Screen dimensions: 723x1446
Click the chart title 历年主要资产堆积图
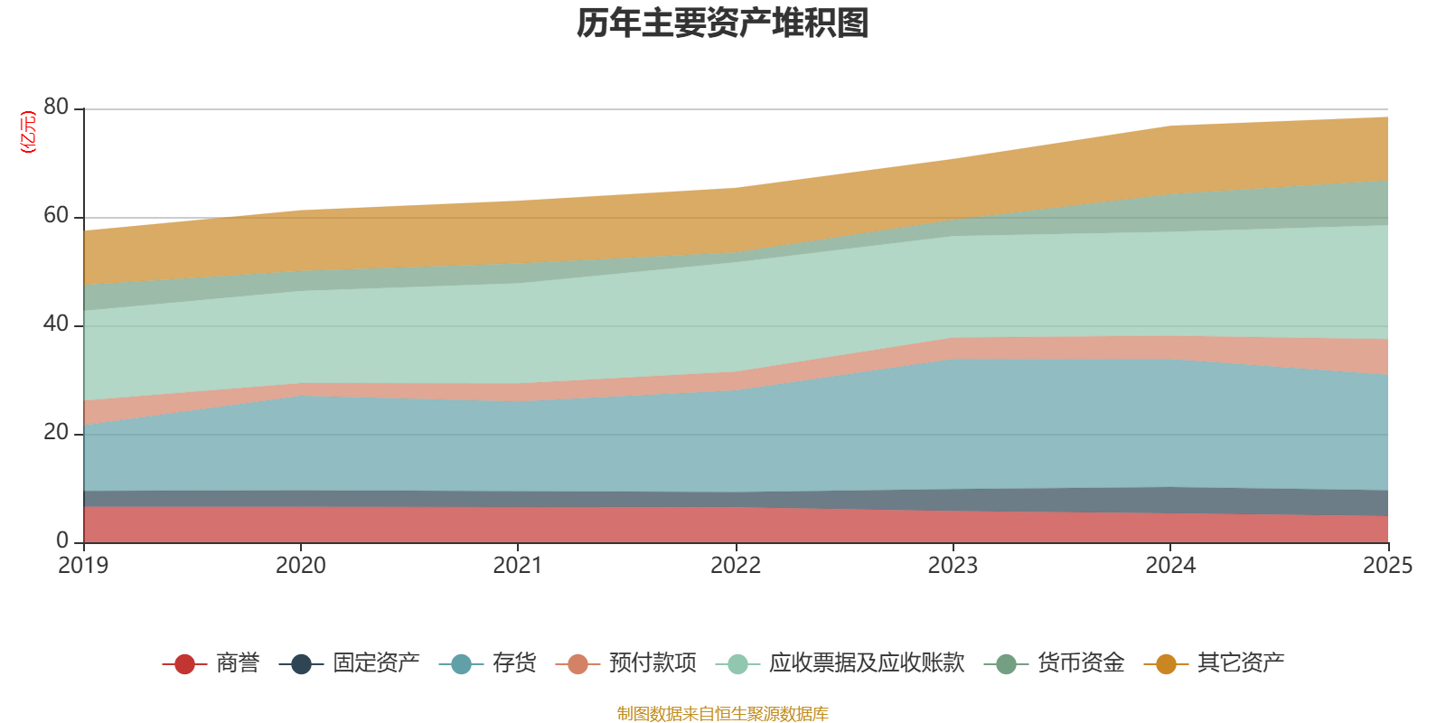[723, 23]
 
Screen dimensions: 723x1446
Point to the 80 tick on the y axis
[56, 107]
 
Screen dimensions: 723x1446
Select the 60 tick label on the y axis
[56, 215]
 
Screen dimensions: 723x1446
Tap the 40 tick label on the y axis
[56, 324]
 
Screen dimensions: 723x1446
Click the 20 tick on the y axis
[56, 432]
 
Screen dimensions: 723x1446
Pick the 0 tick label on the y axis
[62, 540]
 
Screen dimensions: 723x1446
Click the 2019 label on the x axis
[83, 566]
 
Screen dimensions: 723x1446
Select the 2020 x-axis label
[300, 566]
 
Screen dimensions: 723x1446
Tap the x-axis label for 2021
[517, 566]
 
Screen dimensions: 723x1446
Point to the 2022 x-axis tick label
[736, 566]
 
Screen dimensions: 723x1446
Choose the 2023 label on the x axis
[953, 566]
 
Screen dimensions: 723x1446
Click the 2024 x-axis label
[1170, 566]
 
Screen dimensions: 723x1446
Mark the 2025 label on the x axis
[1387, 566]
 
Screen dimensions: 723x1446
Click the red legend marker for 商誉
[184, 664]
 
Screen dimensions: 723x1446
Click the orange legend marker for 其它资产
[1166, 664]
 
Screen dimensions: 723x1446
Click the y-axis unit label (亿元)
[28, 132]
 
